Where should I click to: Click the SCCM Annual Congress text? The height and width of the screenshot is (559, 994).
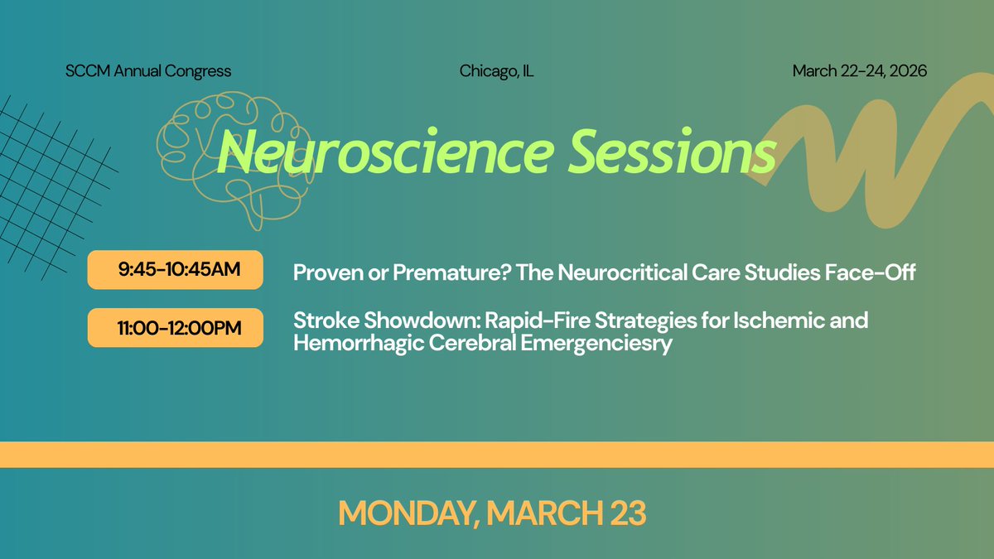148,71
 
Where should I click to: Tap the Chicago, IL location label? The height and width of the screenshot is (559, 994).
496,71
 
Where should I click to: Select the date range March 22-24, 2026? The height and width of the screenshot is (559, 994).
859,71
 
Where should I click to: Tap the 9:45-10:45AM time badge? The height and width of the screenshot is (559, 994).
176,270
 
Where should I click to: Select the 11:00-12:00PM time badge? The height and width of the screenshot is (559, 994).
176,328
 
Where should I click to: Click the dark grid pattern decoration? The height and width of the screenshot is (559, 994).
50,174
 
